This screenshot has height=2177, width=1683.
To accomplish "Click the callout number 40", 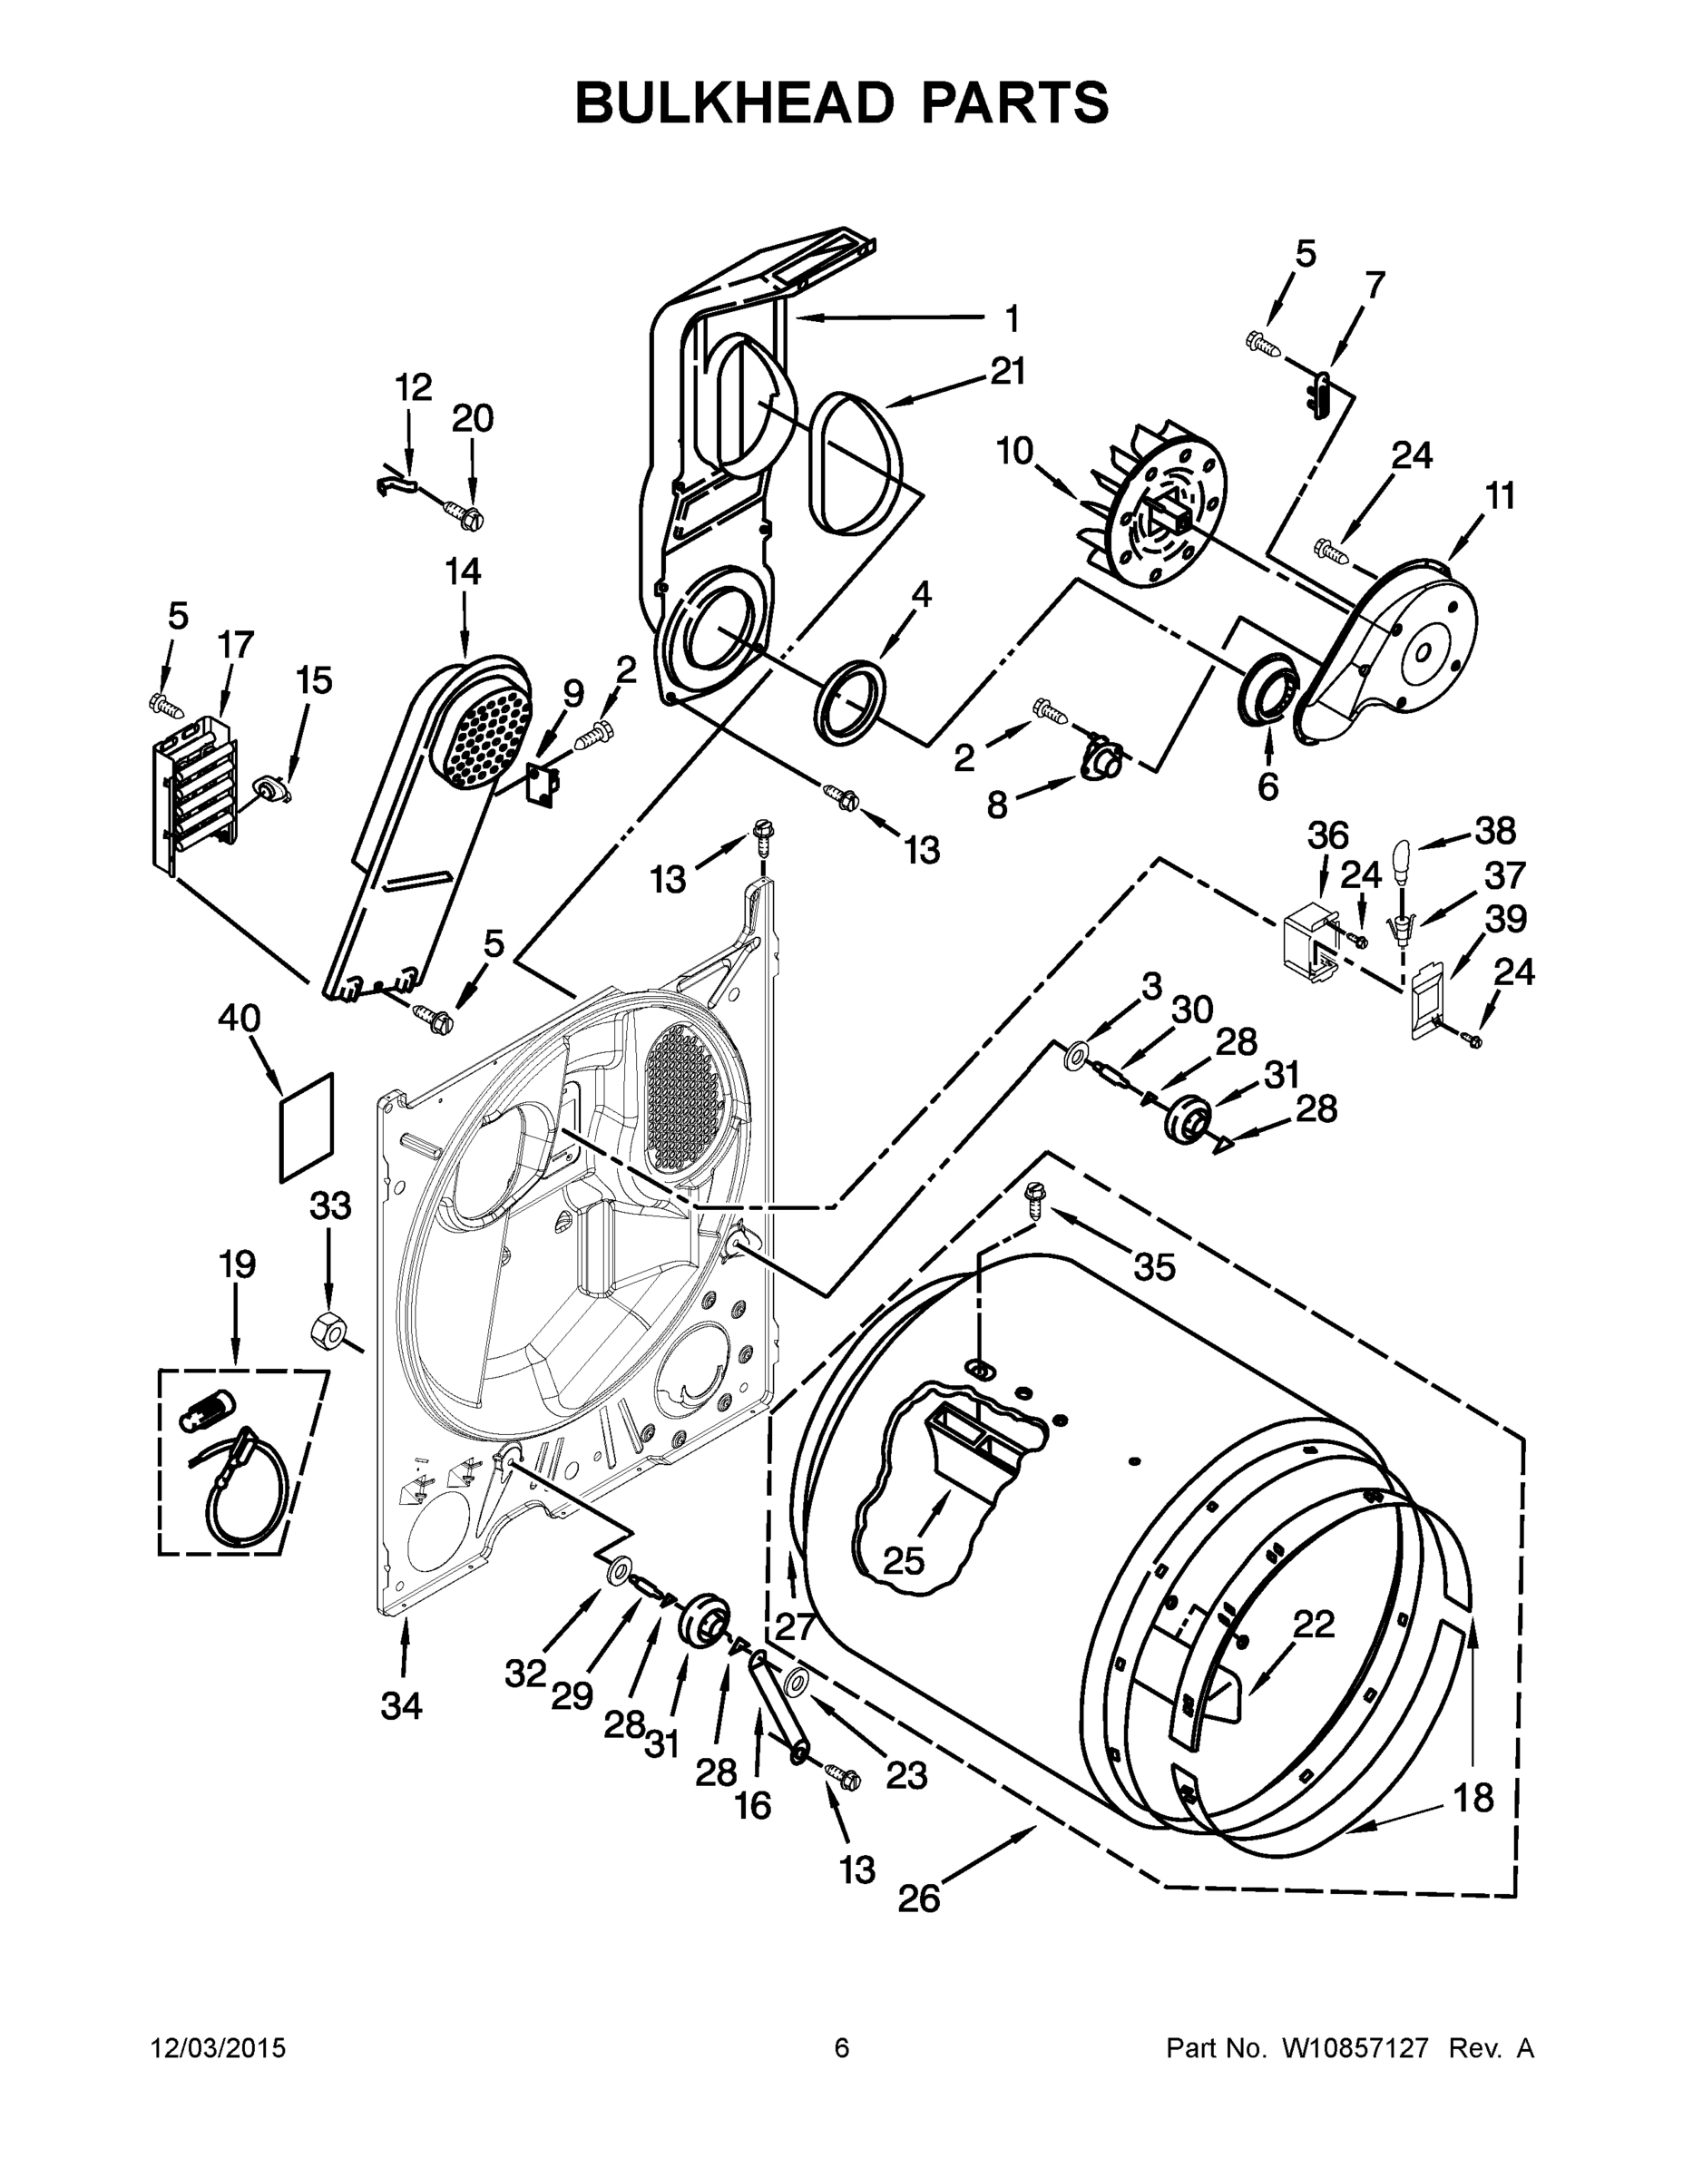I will click(x=240, y=1019).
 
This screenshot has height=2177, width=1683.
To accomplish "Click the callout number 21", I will click(x=1007, y=371).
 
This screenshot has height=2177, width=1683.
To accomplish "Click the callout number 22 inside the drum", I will click(x=1314, y=1624).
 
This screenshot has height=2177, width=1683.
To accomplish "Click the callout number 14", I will click(x=463, y=571).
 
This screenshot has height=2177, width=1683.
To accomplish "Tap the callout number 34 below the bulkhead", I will click(x=401, y=1706).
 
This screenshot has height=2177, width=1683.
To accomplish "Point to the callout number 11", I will click(x=1500, y=494).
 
